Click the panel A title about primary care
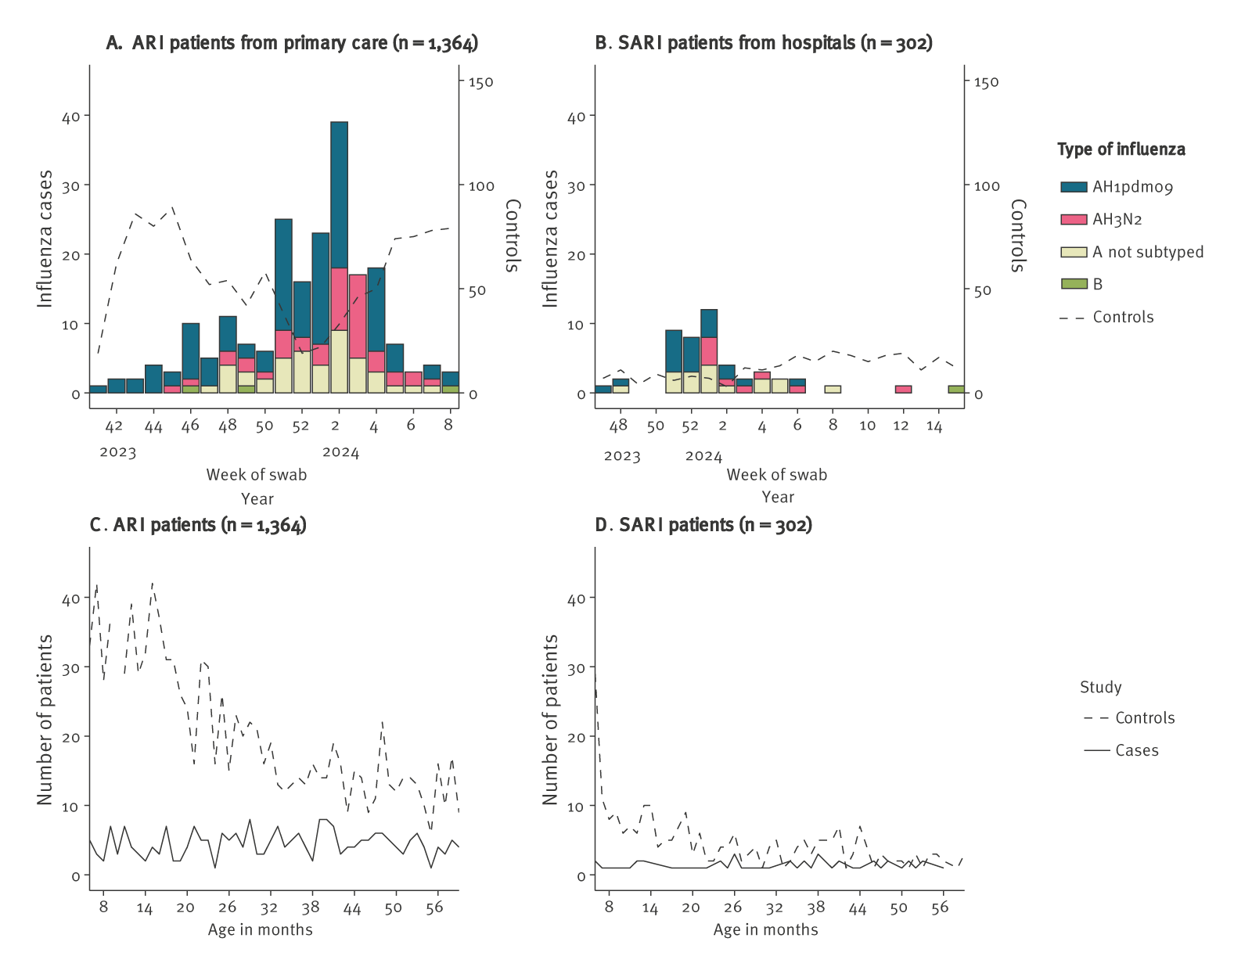coord(292,43)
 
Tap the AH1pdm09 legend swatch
coord(1074,187)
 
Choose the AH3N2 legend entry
coord(1117,220)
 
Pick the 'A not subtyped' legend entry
coord(1147,252)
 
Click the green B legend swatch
coord(1074,284)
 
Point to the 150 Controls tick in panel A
coord(480,82)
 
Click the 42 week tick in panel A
coord(114,426)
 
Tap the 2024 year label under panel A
coord(340,452)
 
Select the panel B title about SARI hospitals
coord(764,43)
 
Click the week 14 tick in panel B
coord(934,426)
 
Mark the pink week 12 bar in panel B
coord(903,390)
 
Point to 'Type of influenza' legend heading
coord(1121,149)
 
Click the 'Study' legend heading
coord(1100,688)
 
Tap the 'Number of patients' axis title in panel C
coord(45,720)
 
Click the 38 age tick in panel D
coord(816,908)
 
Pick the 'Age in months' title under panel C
coord(260,929)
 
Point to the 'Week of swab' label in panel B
coord(776,475)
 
